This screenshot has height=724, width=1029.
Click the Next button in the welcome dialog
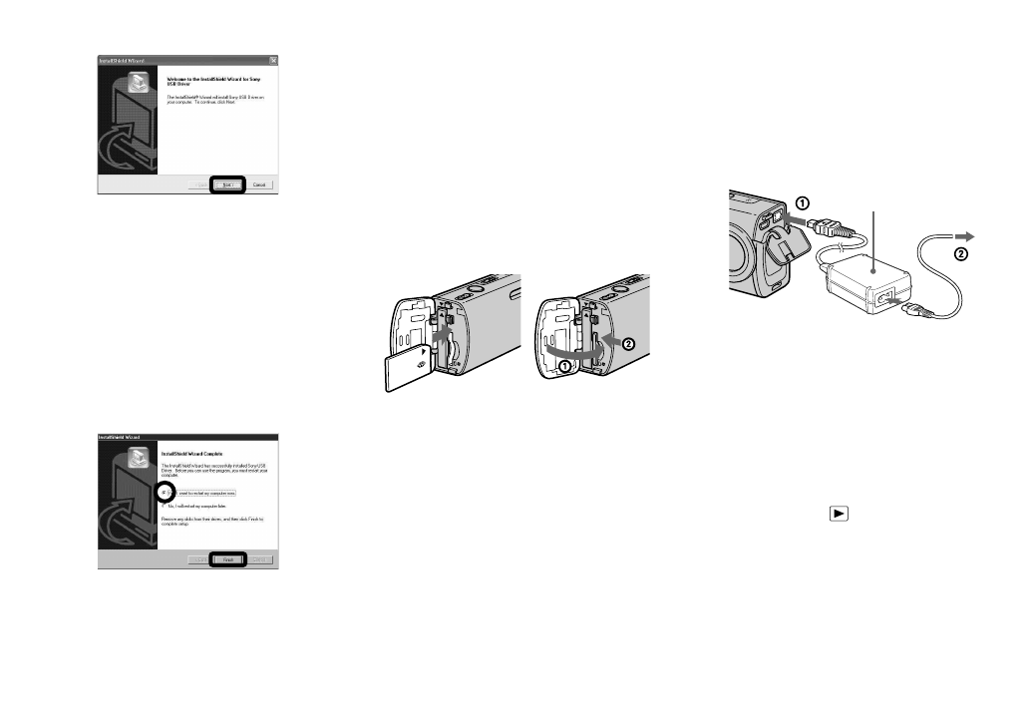click(x=228, y=185)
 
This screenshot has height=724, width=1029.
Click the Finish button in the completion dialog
click(x=227, y=560)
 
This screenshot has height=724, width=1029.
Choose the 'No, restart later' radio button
click(x=165, y=508)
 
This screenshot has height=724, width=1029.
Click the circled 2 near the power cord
click(x=960, y=254)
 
